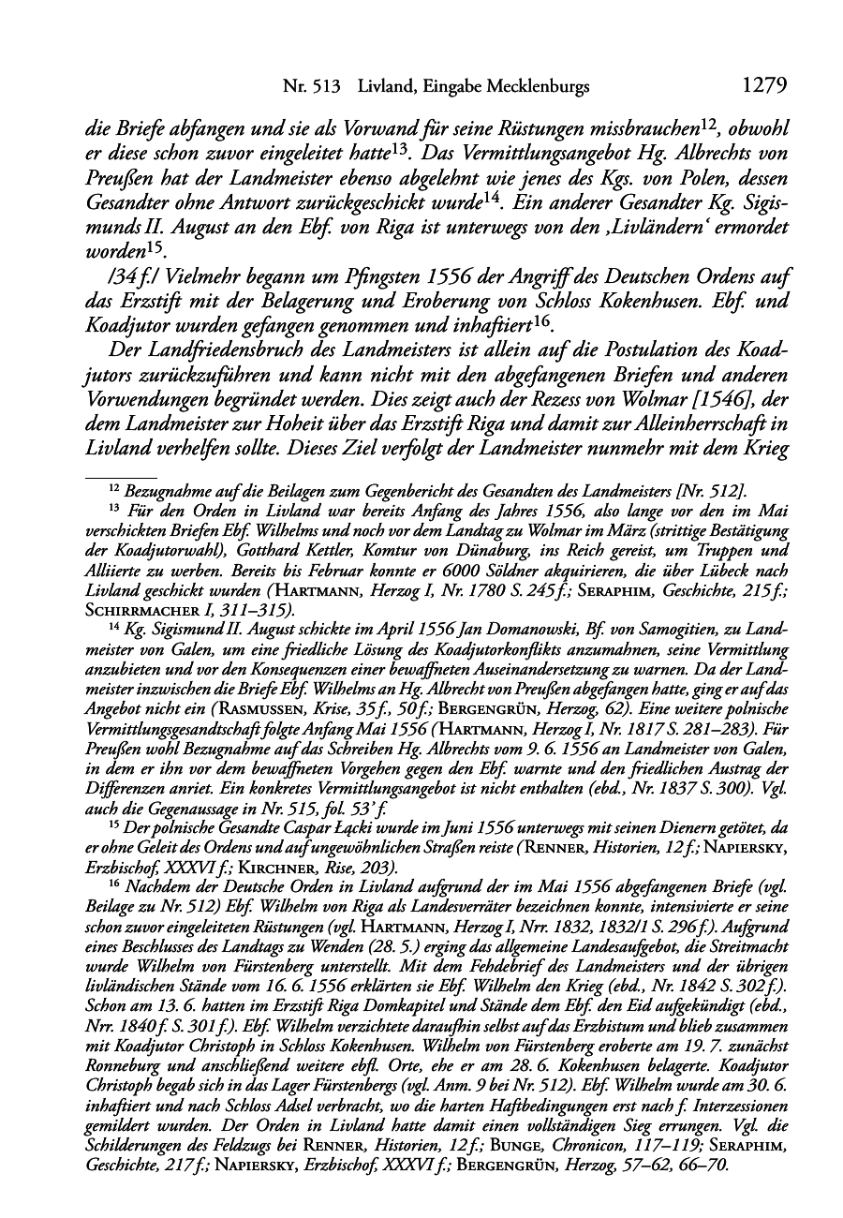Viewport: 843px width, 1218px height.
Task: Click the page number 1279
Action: click(x=763, y=86)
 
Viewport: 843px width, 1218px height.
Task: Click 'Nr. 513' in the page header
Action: click(x=310, y=87)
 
